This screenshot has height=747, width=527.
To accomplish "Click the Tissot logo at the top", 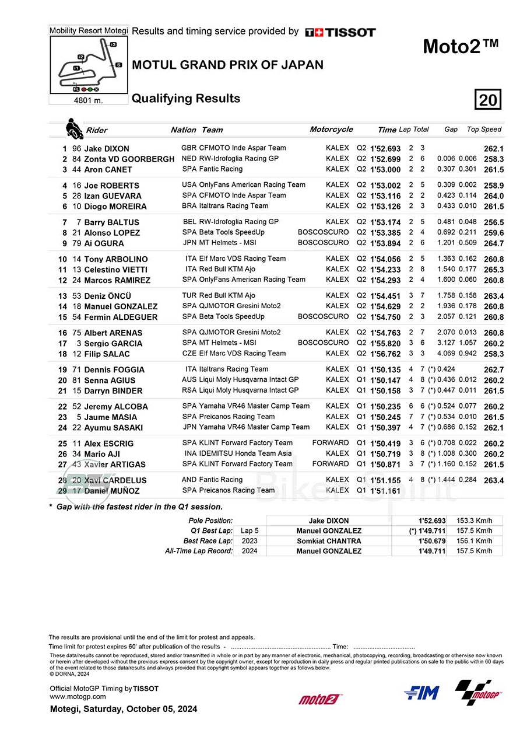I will click(340, 32).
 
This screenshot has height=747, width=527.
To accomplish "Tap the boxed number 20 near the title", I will click(488, 100).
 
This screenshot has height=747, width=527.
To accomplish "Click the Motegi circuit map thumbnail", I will click(89, 64).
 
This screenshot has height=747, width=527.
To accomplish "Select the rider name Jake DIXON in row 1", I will click(107, 149).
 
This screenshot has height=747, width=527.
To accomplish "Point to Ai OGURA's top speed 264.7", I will click(493, 243).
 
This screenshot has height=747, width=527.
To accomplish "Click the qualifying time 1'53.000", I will click(385, 170).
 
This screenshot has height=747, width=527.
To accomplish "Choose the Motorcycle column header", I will click(331, 130).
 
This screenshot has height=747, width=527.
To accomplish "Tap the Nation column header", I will click(183, 130).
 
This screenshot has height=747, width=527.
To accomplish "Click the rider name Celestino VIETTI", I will click(115, 270).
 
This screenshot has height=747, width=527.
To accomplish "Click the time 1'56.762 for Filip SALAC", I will click(385, 354).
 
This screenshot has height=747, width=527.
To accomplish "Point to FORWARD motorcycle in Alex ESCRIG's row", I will click(330, 443).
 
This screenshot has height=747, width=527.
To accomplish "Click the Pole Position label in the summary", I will click(210, 521).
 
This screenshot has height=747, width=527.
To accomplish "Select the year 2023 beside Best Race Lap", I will click(250, 541).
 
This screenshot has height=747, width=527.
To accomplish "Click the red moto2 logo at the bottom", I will click(321, 699).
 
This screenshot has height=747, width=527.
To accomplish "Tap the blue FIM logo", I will click(421, 693).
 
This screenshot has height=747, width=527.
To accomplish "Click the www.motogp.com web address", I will click(78, 696).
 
